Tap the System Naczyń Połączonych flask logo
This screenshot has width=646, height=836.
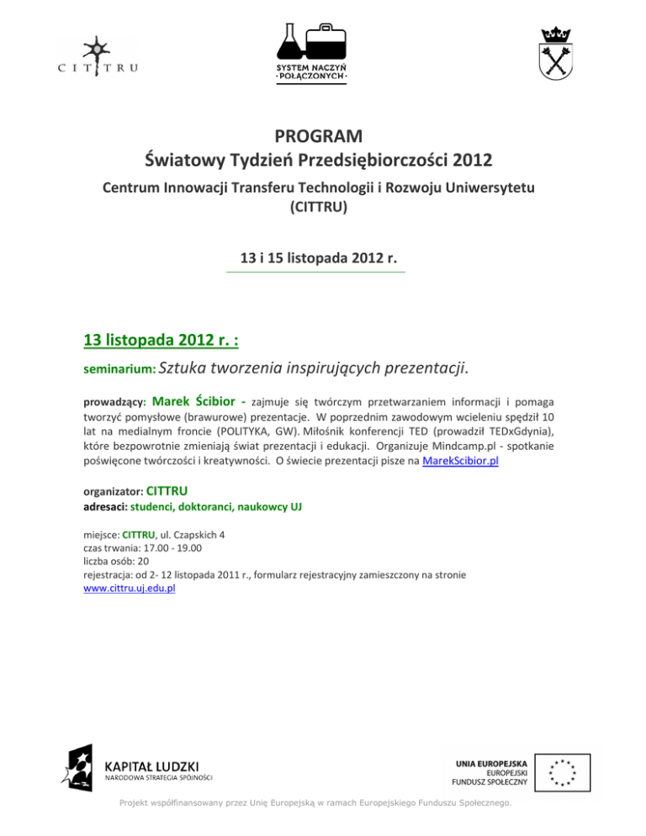click(x=312, y=52)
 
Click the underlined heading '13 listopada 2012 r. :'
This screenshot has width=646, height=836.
click(x=163, y=340)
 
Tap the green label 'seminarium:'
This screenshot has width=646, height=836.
click(x=119, y=368)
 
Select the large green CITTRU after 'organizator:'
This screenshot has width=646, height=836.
click(x=167, y=489)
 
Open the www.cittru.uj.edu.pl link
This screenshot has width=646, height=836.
click(x=130, y=588)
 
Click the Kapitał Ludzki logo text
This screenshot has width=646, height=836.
click(x=151, y=766)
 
